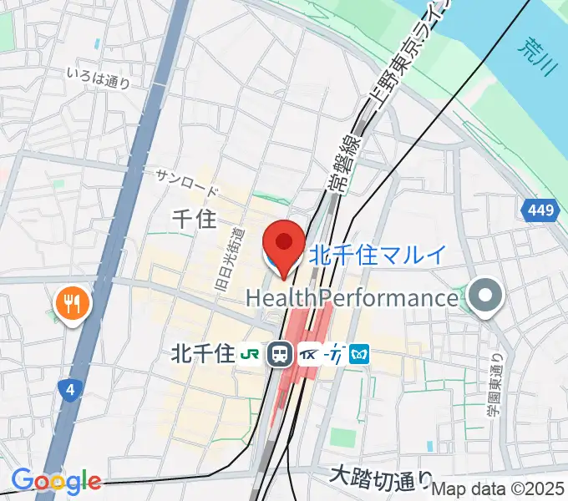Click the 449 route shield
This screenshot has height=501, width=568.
click(x=542, y=212)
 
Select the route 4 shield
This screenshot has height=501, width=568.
click(x=69, y=388)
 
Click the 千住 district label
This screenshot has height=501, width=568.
click(x=193, y=219)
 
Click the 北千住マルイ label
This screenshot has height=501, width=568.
click(x=378, y=254)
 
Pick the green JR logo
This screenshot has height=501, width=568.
click(x=249, y=354)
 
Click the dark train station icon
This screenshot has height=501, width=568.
click(x=280, y=355)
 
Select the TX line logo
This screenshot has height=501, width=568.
click(x=310, y=354)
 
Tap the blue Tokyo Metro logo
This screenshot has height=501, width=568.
click(x=360, y=354)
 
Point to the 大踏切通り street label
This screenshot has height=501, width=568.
click(x=381, y=478)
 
